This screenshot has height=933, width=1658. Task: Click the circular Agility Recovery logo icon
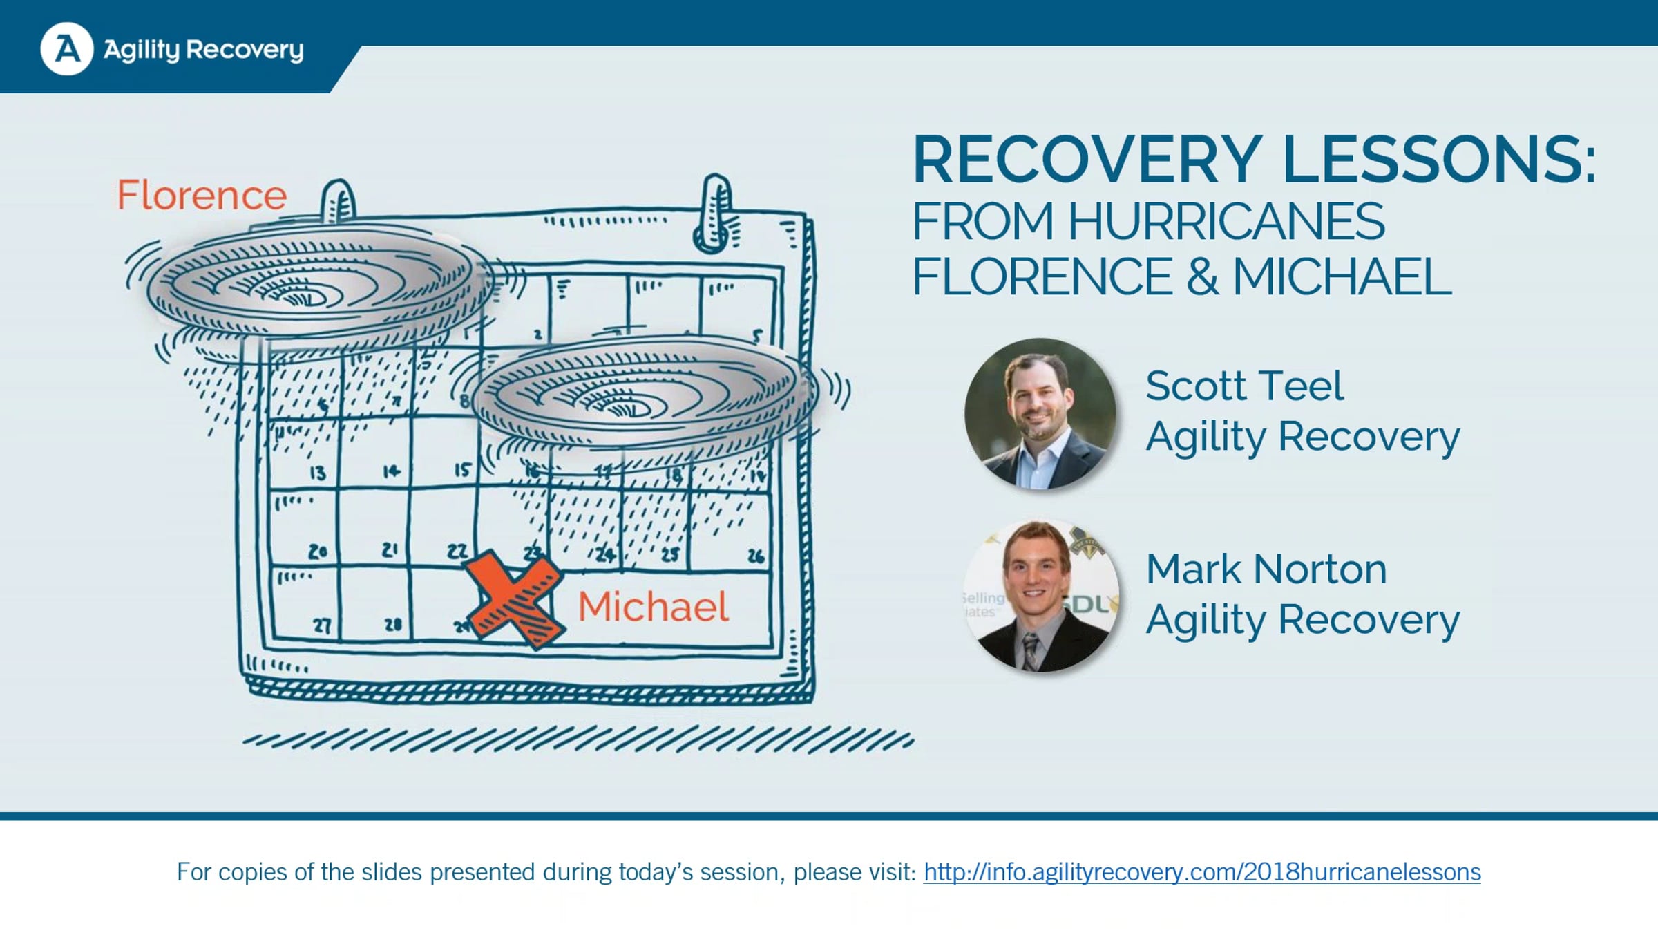click(x=67, y=49)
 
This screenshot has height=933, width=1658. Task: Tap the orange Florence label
click(x=202, y=195)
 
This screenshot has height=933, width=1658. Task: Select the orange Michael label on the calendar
click(x=653, y=606)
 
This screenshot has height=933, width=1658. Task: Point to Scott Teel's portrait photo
click(x=1040, y=414)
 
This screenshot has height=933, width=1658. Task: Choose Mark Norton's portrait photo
click(x=1040, y=596)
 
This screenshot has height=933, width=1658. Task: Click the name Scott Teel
click(x=1244, y=386)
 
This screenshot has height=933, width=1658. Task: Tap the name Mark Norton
click(x=1266, y=569)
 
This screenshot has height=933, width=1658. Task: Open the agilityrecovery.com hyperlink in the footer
click(x=1202, y=872)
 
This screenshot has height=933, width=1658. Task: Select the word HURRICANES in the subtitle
click(x=1226, y=221)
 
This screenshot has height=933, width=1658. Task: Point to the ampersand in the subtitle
click(x=1202, y=276)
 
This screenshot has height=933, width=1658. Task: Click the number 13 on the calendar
click(x=317, y=473)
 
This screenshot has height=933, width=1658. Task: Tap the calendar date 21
click(x=390, y=549)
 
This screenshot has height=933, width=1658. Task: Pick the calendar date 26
click(x=755, y=556)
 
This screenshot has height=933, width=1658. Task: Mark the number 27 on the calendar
click(x=323, y=625)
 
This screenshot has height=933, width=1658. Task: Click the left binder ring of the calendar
click(x=339, y=202)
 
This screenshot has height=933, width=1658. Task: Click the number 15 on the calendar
click(x=462, y=470)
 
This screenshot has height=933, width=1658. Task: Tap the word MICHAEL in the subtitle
click(x=1342, y=276)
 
